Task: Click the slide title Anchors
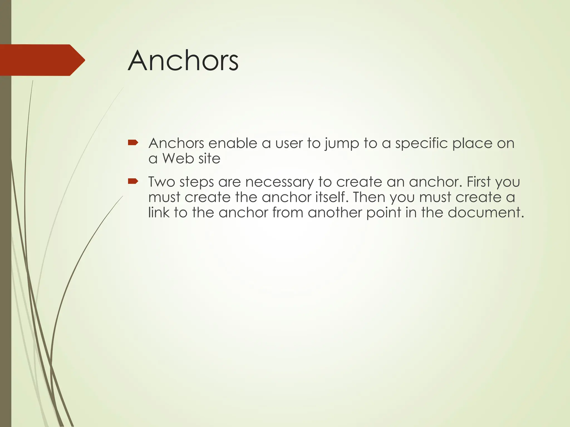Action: tap(183, 61)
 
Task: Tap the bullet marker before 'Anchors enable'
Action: tap(133, 143)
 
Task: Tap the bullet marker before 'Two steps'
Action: tap(133, 182)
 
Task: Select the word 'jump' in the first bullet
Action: tap(342, 144)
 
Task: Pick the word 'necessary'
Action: tap(279, 182)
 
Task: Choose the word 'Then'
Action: tap(369, 197)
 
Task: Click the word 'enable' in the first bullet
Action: tap(233, 143)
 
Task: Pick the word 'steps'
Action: tap(196, 183)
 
